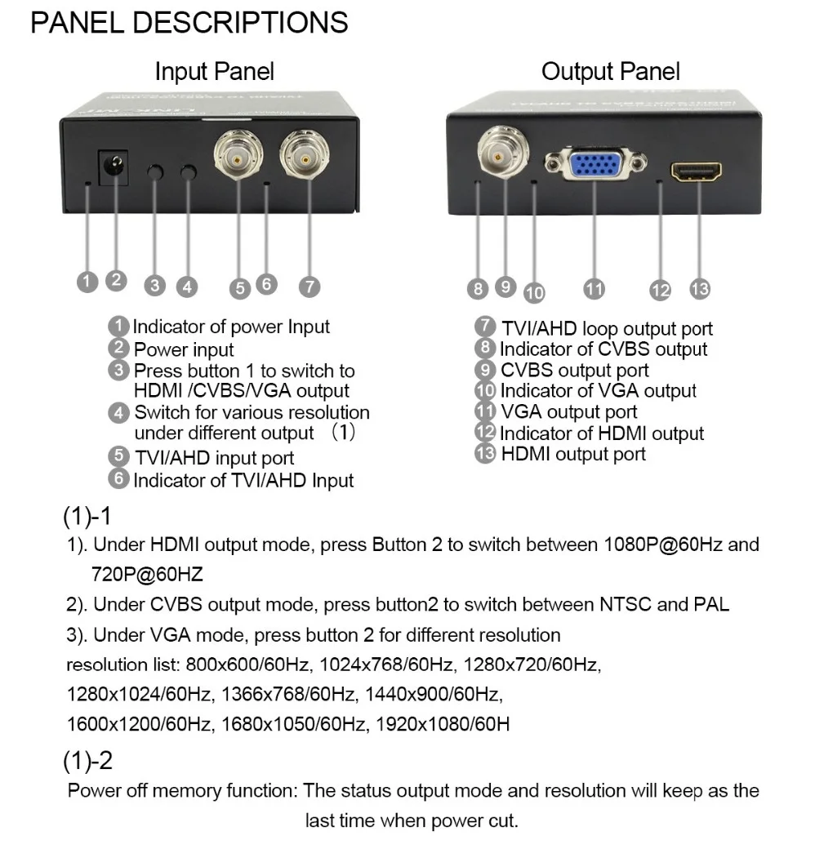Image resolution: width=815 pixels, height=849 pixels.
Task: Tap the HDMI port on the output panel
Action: (696, 171)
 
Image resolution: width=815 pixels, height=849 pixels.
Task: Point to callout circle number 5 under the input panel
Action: (239, 287)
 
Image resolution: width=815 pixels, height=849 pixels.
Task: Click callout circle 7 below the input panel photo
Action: (309, 287)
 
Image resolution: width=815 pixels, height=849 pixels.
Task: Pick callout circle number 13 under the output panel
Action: (700, 288)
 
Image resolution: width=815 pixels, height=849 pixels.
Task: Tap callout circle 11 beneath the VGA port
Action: (594, 288)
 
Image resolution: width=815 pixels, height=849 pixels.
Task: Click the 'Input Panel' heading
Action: (215, 72)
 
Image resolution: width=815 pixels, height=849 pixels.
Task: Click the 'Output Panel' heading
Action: (611, 72)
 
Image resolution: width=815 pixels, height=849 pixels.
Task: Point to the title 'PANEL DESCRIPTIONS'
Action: (189, 23)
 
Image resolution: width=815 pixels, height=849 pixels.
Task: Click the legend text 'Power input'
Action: (184, 349)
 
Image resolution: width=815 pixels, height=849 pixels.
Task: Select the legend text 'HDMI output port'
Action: (573, 454)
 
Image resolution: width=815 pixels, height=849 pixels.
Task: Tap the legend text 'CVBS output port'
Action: (575, 370)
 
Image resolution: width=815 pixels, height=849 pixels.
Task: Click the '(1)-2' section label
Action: (87, 761)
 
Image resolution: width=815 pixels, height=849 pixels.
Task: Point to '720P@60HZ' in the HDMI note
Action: (147, 575)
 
